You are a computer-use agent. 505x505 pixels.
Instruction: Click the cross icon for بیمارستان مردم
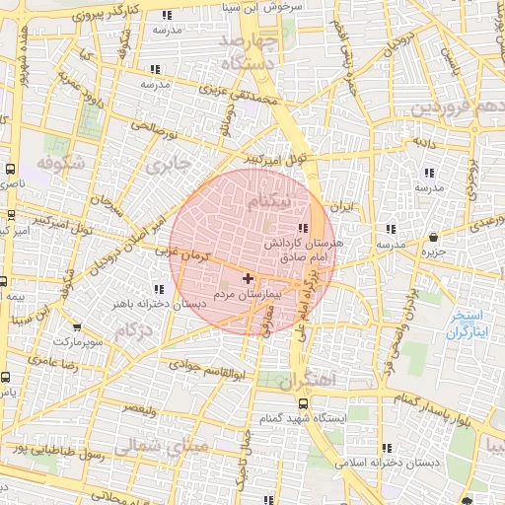(248, 279)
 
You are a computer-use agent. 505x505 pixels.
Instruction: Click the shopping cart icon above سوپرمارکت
(76, 326)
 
